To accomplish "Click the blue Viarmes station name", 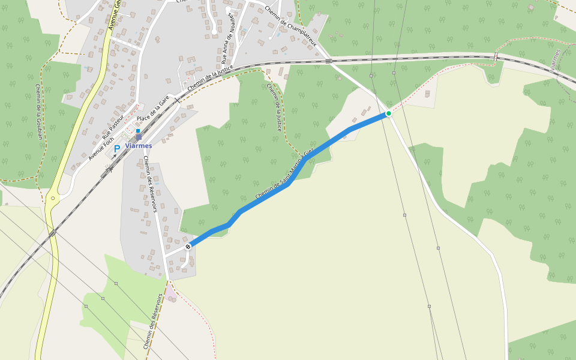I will (139, 146).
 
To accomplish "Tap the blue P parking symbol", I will (117, 148).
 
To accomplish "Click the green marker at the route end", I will (389, 113).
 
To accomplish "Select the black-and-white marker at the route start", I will (188, 246).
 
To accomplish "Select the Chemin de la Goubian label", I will (39, 112).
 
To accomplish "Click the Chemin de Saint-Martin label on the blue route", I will (284, 176).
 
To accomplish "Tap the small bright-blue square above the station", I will (138, 130).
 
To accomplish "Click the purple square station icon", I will (139, 137).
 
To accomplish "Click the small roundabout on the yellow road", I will (53, 197).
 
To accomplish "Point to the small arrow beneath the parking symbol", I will (114, 156).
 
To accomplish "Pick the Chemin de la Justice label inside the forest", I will (274, 107).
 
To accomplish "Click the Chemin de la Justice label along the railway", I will (209, 79).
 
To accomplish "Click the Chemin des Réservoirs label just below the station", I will (150, 184).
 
